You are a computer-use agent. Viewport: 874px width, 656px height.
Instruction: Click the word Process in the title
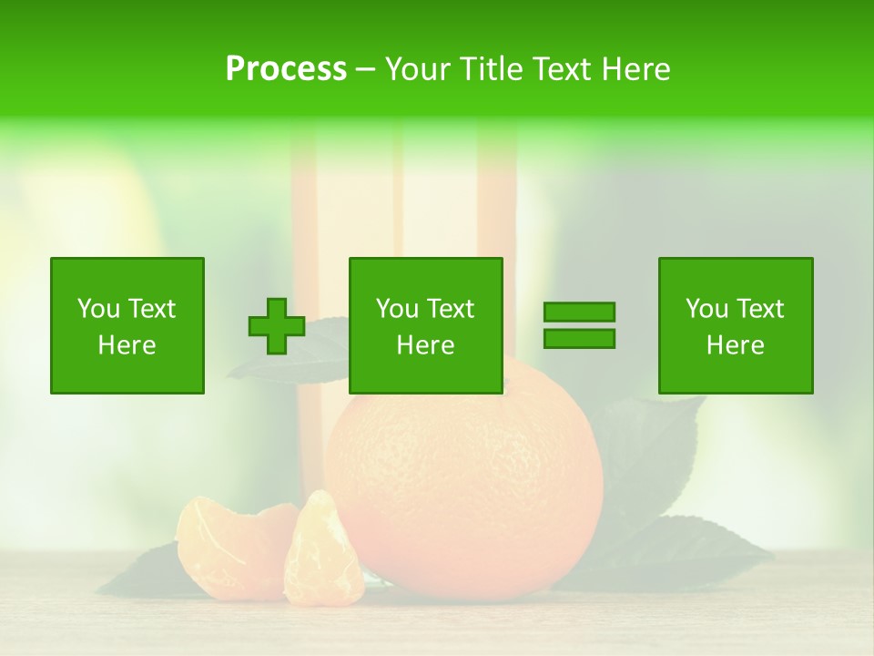coord(286,69)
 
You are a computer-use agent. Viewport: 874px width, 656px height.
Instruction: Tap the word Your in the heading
coord(415,69)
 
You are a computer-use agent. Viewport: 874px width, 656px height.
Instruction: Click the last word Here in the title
coord(635,69)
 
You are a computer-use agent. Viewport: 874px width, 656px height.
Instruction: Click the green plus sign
coord(277,326)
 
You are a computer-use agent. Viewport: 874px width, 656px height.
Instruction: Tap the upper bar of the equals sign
coord(579,312)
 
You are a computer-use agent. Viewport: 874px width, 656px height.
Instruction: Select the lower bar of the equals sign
coord(579,339)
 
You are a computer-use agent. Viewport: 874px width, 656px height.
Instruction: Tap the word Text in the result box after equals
coord(758,309)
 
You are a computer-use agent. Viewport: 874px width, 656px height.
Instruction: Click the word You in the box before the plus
coord(98,309)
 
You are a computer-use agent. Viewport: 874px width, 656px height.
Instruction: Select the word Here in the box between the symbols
coord(426,345)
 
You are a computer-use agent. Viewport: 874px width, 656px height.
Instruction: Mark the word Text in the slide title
coord(556,69)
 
